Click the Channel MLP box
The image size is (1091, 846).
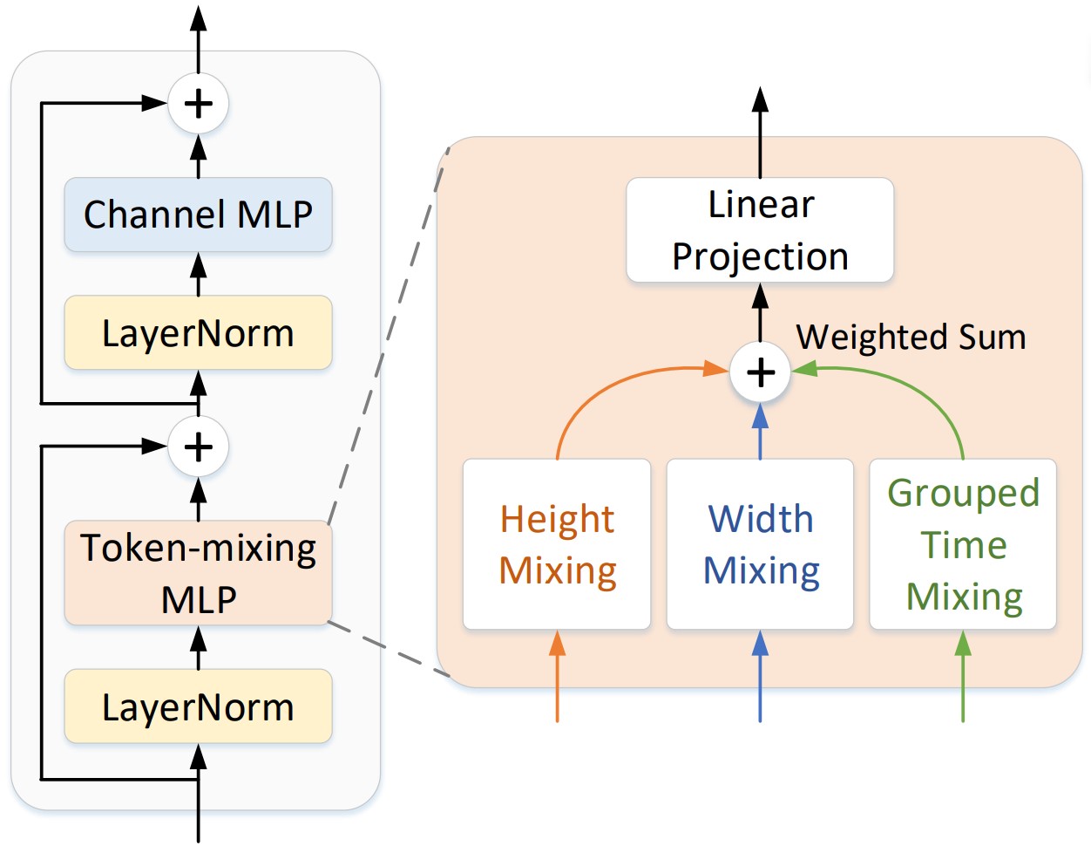coord(198,215)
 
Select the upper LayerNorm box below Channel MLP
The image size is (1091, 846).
coord(198,333)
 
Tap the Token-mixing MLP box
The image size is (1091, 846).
coord(198,573)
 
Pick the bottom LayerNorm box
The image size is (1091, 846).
coord(198,706)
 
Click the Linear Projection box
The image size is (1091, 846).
coord(760,230)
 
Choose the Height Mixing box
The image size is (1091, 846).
coord(557,544)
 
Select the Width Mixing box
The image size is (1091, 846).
coord(760,544)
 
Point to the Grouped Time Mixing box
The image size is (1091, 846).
coord(963,544)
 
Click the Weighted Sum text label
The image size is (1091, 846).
coord(911,337)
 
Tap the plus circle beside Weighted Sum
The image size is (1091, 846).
coord(760,372)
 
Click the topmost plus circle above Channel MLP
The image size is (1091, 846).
coord(198,104)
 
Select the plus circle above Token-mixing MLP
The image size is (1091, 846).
coord(198,447)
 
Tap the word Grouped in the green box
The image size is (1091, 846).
coord(963,493)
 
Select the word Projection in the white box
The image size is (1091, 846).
coord(760,256)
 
